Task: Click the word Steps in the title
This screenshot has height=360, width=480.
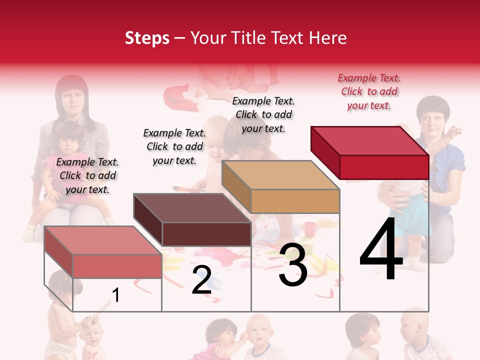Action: (147, 38)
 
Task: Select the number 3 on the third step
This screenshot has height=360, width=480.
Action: (293, 264)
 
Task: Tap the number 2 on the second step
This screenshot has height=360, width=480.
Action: (201, 280)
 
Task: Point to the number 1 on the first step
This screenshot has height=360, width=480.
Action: (115, 295)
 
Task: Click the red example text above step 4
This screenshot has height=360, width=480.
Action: (369, 91)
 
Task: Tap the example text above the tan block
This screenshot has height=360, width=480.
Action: (263, 114)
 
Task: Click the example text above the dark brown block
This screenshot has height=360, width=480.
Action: (174, 146)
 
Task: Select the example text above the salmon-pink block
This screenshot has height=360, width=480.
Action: (87, 175)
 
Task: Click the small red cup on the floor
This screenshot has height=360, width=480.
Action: (310, 229)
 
